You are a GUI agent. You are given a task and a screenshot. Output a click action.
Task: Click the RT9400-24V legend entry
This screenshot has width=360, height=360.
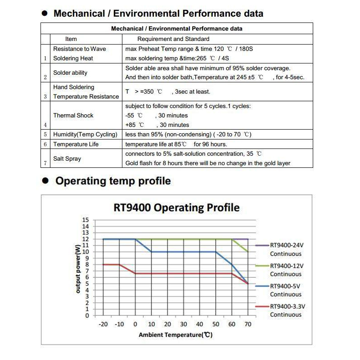pyautogui.click(x=286, y=246)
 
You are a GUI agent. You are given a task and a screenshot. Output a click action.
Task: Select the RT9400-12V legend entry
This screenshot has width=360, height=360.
pyautogui.click(x=286, y=266)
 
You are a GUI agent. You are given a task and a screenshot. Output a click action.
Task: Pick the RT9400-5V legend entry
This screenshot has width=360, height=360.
pyautogui.click(x=284, y=286)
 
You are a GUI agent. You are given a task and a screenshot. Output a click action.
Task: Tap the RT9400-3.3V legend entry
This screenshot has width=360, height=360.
pyautogui.click(x=287, y=306)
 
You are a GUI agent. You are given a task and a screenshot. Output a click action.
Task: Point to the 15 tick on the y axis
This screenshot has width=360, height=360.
pyautogui.click(x=86, y=220)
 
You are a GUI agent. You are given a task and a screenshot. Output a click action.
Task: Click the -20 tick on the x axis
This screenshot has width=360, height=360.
pyautogui.click(x=103, y=324)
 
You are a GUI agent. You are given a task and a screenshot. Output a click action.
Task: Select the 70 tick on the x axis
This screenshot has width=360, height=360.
pyautogui.click(x=248, y=324)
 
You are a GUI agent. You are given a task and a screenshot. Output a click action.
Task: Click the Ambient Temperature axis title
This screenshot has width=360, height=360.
pyautogui.click(x=175, y=335)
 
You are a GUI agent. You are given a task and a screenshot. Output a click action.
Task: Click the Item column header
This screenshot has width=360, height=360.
pyautogui.click(x=71, y=39)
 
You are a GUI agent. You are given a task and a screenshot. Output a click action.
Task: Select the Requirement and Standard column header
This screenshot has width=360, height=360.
pyautogui.click(x=173, y=39)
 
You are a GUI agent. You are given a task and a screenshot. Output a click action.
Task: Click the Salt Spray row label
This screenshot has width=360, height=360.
pyautogui.click(x=67, y=158)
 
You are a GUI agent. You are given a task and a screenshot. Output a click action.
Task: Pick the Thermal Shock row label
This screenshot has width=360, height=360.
pyautogui.click(x=73, y=115)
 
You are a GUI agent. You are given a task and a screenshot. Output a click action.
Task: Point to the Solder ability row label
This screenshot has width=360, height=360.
pyautogui.click(x=70, y=72)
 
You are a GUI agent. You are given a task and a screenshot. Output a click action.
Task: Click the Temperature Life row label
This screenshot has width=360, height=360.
pyautogui.click(x=76, y=144)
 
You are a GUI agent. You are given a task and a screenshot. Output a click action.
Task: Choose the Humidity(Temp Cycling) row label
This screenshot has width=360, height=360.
pyautogui.click(x=85, y=135)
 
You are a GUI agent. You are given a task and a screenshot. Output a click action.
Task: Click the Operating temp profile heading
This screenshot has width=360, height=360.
pyautogui.click(x=113, y=181)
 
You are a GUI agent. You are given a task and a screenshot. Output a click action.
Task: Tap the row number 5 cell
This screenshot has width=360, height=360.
pyautogui.click(x=45, y=135)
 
